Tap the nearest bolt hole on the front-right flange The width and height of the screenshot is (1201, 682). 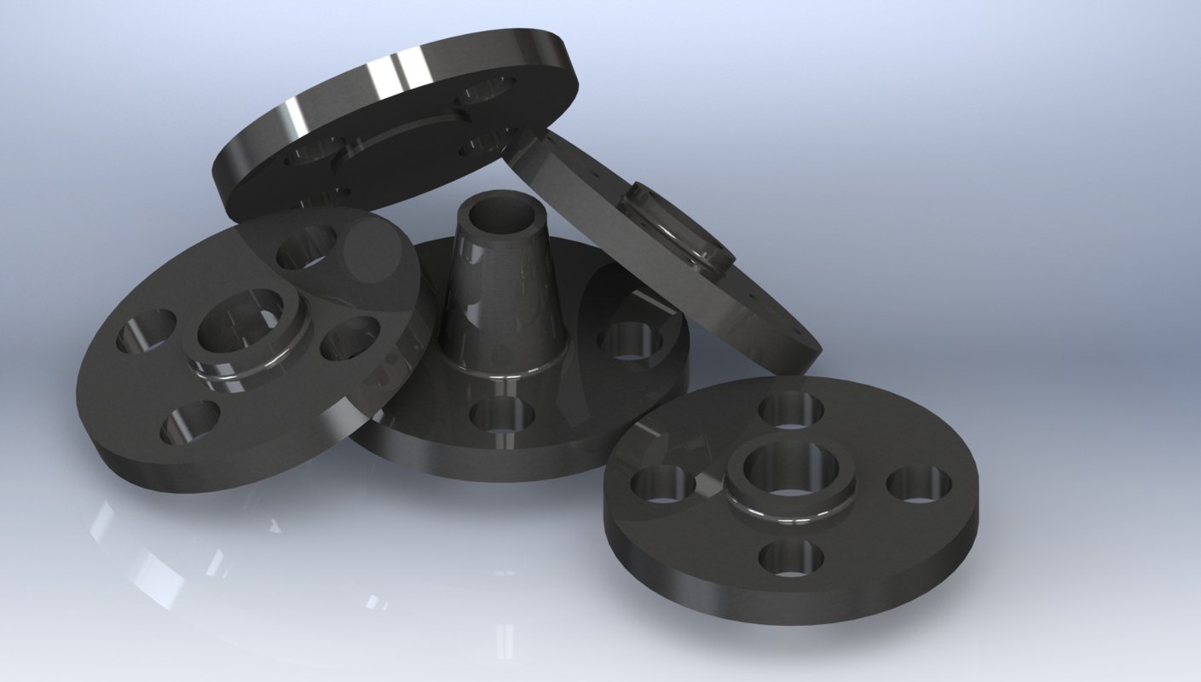791,558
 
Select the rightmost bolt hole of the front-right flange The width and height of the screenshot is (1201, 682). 919,484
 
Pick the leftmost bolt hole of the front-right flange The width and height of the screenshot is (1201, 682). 663,484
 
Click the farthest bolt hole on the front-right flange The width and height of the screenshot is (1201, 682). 791,409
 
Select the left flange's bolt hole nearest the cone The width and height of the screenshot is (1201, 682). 349,338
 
